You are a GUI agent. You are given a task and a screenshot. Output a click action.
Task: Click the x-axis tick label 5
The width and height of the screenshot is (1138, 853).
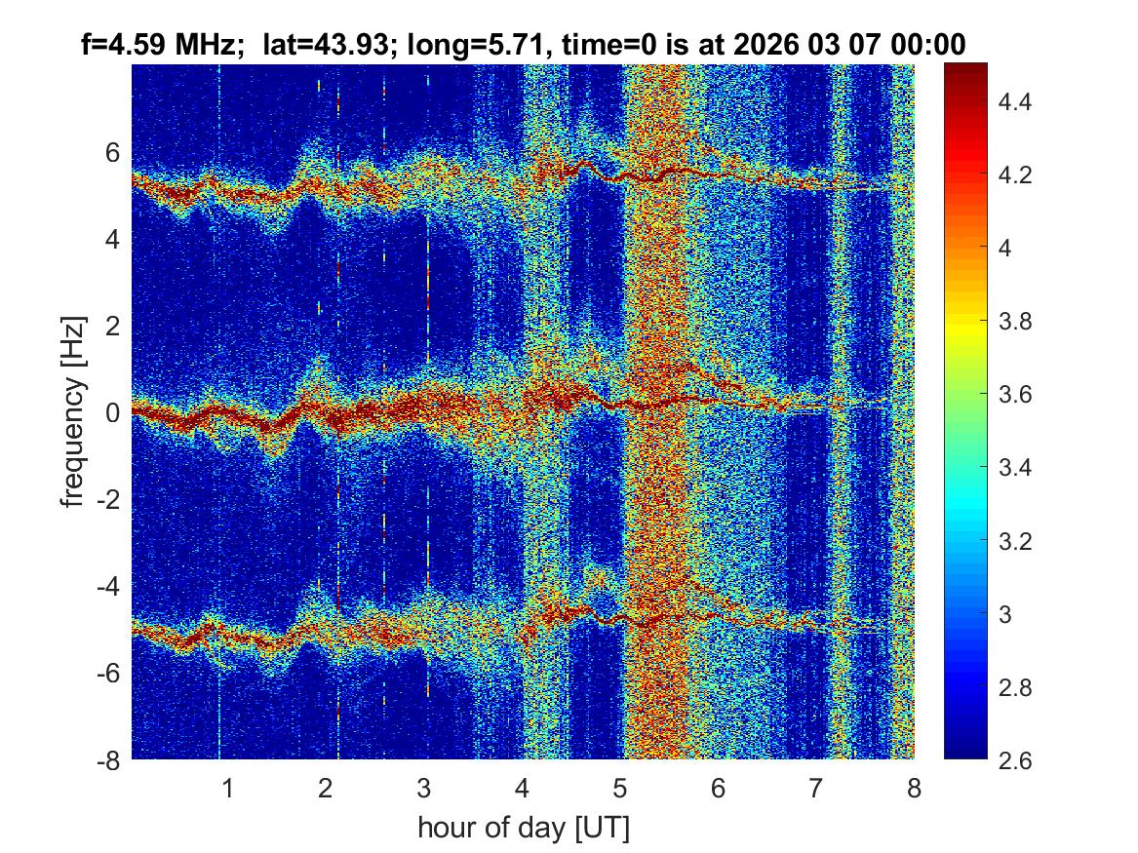(x=620, y=788)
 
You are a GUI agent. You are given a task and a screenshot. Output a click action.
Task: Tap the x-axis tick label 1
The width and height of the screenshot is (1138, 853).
(x=228, y=788)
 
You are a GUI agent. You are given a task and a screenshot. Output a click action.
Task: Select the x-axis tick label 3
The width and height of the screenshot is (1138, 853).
(x=424, y=788)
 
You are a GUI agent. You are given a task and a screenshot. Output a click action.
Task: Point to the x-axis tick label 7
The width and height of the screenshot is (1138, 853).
(x=816, y=788)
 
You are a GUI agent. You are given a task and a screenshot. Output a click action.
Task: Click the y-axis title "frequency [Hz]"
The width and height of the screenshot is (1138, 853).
(x=74, y=411)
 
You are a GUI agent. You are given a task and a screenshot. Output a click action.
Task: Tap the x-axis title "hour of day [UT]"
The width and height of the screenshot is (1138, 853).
(x=523, y=829)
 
